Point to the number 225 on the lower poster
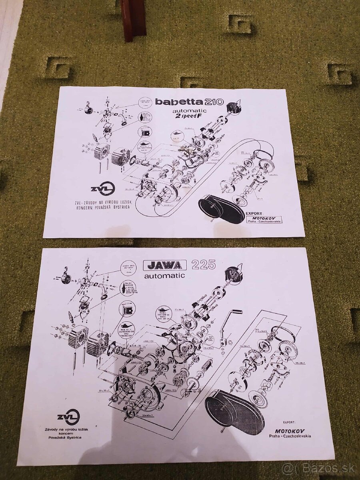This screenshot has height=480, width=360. pyautogui.click(x=203, y=264)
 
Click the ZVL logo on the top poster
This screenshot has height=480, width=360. pyautogui.click(x=102, y=189)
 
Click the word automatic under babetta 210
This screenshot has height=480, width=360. pyautogui.click(x=190, y=111)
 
